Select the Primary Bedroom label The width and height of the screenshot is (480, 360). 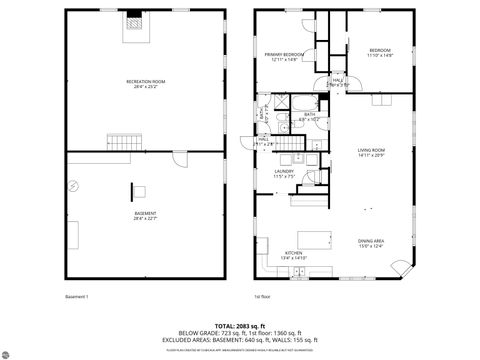(284, 56)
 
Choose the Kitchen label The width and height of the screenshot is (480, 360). (294, 256)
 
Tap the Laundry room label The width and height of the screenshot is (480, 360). (285, 173)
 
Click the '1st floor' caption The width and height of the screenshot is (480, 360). (263, 296)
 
